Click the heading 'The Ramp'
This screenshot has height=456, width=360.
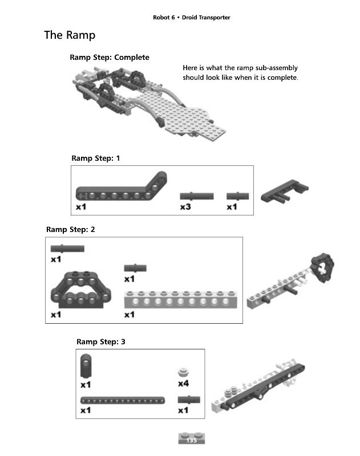(x=70, y=35)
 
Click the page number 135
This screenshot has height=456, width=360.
(x=191, y=440)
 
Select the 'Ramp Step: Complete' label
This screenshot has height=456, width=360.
(x=110, y=58)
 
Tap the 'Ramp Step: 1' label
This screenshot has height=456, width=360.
(x=96, y=158)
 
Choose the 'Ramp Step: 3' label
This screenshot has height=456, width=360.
(x=101, y=341)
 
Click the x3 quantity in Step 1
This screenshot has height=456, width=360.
(x=185, y=207)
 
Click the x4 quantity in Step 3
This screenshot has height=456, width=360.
(x=183, y=383)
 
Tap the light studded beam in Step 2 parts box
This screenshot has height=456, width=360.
(x=176, y=299)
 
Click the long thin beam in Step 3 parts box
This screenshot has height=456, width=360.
(x=123, y=399)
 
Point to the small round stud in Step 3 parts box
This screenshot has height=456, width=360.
(x=183, y=371)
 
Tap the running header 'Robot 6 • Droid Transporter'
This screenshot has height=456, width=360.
(x=191, y=18)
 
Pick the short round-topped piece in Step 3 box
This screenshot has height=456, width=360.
(x=86, y=365)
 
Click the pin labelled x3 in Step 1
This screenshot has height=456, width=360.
(x=196, y=196)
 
